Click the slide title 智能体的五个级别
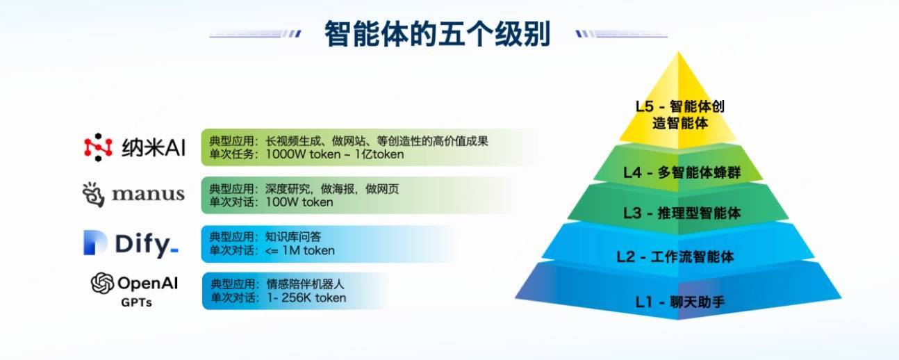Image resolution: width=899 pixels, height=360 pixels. pos(437,34)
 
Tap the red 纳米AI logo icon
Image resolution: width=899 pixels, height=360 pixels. pos(98,147)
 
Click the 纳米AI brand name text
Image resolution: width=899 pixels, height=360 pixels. pos(154,148)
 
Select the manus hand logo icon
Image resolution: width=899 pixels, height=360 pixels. pos(94,195)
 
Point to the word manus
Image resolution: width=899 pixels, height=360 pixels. pos(148,195)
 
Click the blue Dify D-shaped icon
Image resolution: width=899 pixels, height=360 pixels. pos(95,243)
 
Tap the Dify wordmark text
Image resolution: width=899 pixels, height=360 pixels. pos(147,245)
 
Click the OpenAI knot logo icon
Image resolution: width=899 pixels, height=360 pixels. pos(102,284)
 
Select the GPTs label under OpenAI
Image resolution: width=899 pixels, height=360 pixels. pos(136,302)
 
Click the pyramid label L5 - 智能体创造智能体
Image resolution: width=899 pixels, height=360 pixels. pos(680,115)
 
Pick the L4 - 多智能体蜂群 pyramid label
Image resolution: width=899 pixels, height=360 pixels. pos(682,172)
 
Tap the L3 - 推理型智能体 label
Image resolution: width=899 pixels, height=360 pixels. pos(682,213)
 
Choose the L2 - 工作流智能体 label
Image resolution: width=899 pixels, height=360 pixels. pos(675,257)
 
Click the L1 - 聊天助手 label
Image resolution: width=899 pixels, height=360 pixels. pos(680,302)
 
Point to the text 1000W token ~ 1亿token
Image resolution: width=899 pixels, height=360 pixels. pos(335,154)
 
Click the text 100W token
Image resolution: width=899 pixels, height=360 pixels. pos(299,202)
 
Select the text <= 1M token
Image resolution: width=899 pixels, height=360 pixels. pos(300,250)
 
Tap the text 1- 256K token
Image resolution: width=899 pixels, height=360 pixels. pos(306,297)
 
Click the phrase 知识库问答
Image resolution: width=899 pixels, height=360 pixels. pos(293,237)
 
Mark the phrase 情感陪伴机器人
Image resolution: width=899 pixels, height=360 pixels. pos(306,284)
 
